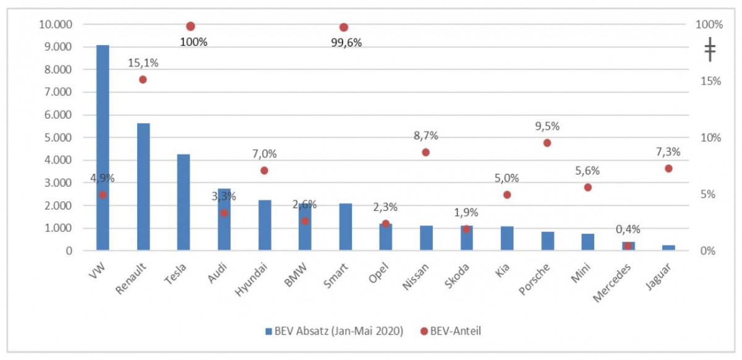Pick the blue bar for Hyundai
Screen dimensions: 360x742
pyautogui.click(x=265, y=225)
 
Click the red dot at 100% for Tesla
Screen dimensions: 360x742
pyautogui.click(x=190, y=26)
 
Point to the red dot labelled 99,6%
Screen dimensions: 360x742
pyautogui.click(x=344, y=27)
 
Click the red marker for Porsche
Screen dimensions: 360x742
pyautogui.click(x=547, y=143)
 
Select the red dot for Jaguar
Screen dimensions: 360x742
pyautogui.click(x=668, y=168)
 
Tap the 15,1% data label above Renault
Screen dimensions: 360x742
pyautogui.click(x=143, y=63)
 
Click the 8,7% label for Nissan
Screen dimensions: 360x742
pyautogui.click(x=425, y=136)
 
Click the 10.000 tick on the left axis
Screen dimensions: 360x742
pyautogui.click(x=55, y=25)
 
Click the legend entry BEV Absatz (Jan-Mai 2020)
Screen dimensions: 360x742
pyautogui.click(x=334, y=331)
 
